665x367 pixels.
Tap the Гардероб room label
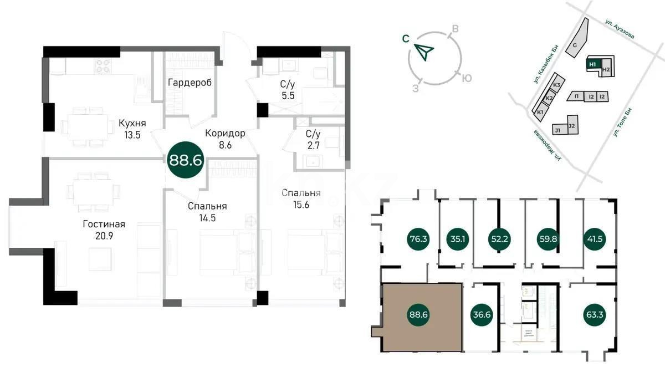tap(190, 83)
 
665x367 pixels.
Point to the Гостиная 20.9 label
tap(104, 230)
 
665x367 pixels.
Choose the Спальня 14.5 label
tap(207, 212)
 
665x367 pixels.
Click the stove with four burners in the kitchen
tap(104, 66)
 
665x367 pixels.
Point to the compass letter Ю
tap(467, 78)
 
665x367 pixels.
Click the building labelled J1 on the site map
tap(557, 130)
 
